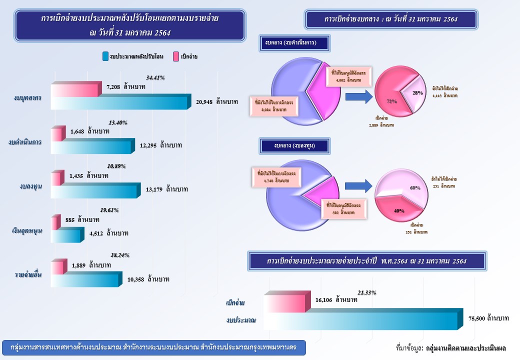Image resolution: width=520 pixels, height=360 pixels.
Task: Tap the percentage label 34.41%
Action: tap(155, 78)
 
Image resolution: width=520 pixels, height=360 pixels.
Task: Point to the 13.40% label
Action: tap(118, 122)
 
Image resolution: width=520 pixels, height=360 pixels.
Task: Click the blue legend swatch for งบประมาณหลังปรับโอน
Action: tap(105, 56)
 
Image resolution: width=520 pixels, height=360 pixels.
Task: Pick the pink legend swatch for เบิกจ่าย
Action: tap(175, 56)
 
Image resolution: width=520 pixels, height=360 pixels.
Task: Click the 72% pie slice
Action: tap(390, 97)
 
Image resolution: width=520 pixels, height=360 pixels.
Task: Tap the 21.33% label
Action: tap(366, 292)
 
